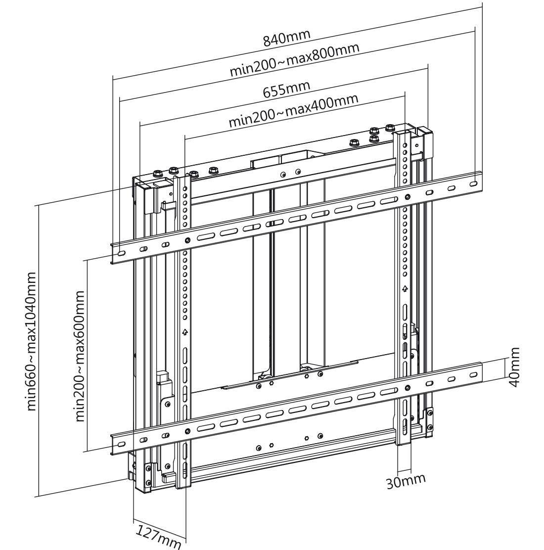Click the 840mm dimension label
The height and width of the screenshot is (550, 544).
click(286, 38)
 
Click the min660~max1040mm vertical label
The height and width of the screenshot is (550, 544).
click(31, 341)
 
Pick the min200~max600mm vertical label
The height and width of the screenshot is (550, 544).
click(79, 356)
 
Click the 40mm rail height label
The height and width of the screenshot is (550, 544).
click(514, 367)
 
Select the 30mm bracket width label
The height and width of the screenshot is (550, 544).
click(406, 481)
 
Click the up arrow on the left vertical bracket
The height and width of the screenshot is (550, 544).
click(185, 332)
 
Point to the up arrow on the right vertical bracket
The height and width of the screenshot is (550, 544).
click(405, 288)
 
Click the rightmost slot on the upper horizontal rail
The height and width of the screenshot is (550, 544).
click(473, 183)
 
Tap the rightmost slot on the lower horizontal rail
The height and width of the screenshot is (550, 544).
click(473, 374)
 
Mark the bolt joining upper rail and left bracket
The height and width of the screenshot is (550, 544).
click(187, 240)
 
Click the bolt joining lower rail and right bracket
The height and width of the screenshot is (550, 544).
click(407, 388)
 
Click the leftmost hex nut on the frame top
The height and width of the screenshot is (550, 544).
click(157, 174)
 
